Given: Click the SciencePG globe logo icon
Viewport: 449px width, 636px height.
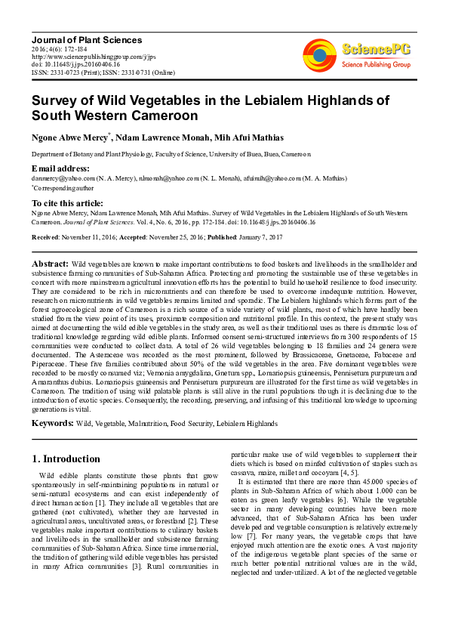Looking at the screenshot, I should pos(319,53).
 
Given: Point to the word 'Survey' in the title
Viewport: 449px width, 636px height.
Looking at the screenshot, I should pos(54,101).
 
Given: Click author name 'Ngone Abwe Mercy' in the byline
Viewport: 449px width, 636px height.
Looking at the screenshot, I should pos(69,137).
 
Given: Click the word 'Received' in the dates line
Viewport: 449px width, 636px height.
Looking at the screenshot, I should pos(45,236).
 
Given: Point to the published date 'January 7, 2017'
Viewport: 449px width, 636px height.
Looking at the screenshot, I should pos(260,236).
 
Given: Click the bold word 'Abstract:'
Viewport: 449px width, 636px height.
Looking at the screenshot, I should pos(50,264).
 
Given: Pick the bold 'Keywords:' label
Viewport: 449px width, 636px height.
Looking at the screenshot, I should pos(54,424).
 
